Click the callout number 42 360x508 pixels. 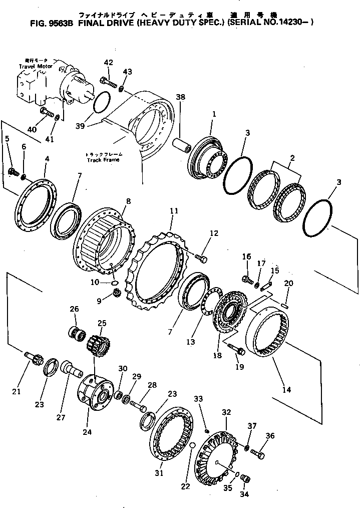point(109,63)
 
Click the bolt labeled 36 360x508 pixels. point(257,454)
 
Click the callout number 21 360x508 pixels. point(17,391)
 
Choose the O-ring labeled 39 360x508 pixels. point(101,103)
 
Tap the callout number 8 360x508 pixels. point(129,201)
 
